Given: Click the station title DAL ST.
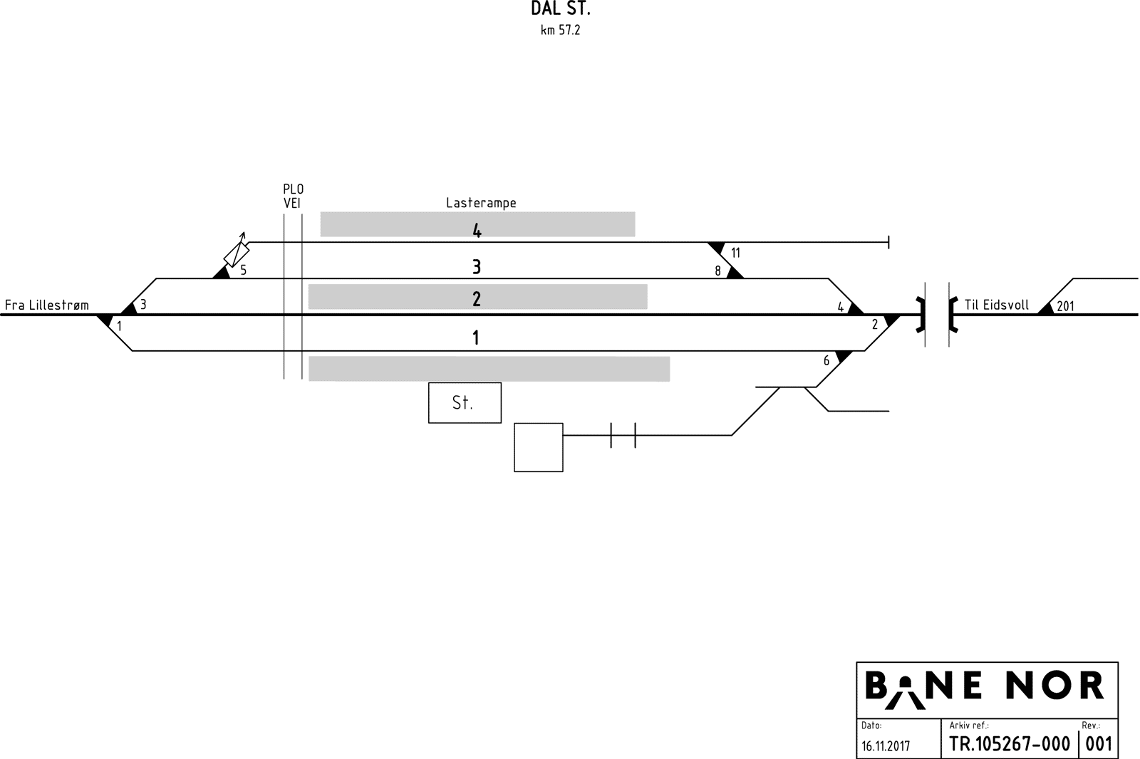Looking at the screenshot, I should (561, 9).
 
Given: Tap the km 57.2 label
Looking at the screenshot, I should (560, 31).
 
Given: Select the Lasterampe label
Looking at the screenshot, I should (481, 203).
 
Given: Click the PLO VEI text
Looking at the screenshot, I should (293, 196).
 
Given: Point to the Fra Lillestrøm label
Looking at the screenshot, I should (47, 305).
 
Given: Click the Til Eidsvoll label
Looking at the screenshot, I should (996, 305).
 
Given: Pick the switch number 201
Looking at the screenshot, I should (1065, 307).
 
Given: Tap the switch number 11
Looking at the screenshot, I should (736, 253).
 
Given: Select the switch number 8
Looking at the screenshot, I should (718, 271).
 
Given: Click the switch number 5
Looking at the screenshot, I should (243, 271).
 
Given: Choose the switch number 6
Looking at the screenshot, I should (826, 361).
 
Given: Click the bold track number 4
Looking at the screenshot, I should (477, 231).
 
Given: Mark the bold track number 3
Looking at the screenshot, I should (477, 267).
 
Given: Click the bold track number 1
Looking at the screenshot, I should (476, 337).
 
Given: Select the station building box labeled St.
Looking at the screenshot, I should (465, 403).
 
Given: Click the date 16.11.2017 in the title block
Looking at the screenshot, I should (886, 746).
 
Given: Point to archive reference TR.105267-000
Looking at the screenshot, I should (1010, 744).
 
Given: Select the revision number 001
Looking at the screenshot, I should (1099, 744).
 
